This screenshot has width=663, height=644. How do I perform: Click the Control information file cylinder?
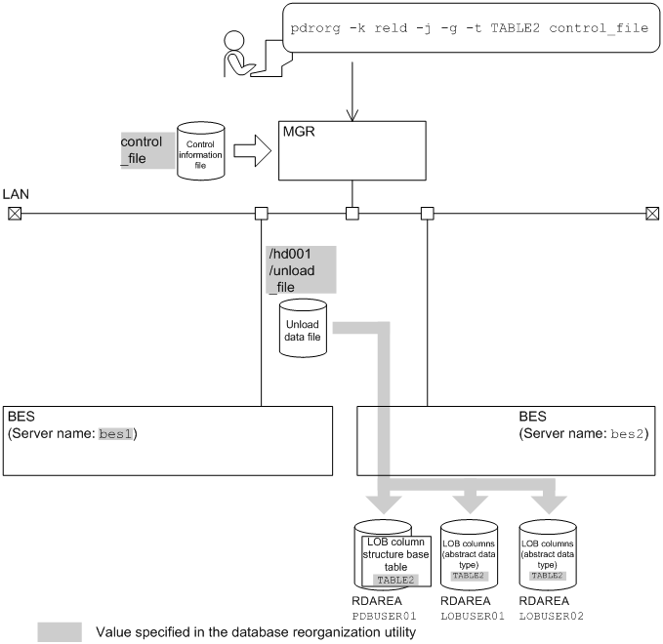[200, 151]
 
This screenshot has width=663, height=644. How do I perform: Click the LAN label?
[17, 194]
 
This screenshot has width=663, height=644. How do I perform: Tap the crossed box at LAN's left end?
[14, 213]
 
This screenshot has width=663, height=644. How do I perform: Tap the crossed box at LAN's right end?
[652, 213]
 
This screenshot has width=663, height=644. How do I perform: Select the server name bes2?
[627, 432]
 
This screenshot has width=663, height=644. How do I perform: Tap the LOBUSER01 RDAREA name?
[472, 617]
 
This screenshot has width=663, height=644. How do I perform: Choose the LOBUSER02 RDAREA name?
[553, 617]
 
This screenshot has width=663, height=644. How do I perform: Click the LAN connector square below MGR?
[352, 213]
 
